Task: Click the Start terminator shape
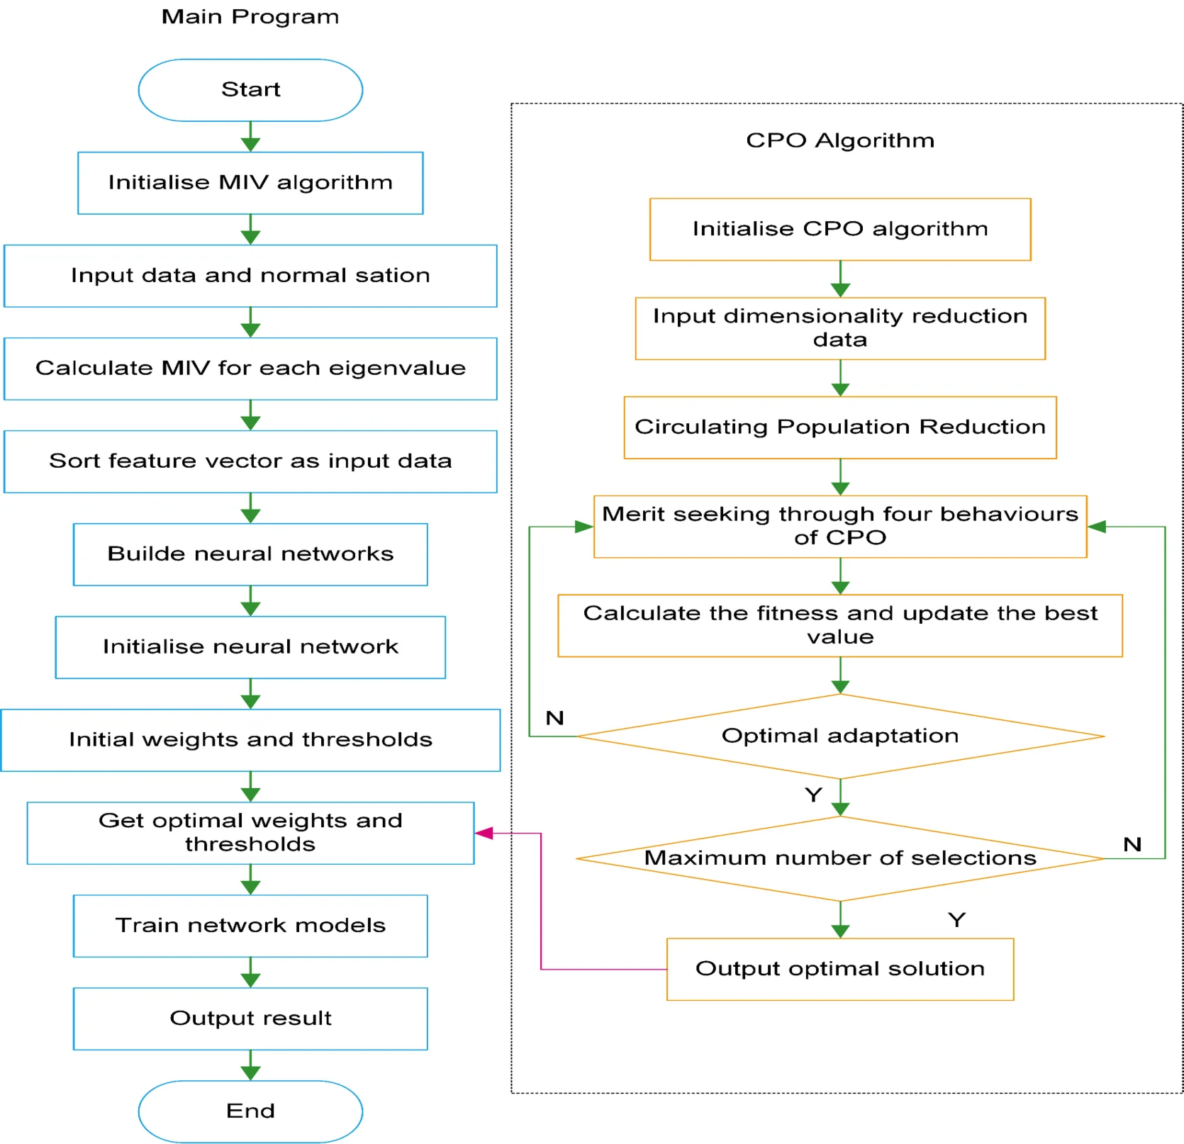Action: (x=250, y=90)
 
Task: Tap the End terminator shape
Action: (x=250, y=1111)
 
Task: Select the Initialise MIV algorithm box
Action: (x=250, y=183)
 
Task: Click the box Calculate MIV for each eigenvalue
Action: (x=250, y=369)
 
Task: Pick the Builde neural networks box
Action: (x=250, y=554)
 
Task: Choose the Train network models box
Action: (x=250, y=926)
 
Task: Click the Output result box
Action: (x=250, y=1019)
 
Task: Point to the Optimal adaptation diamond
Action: (x=840, y=736)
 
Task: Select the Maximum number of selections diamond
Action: (x=840, y=858)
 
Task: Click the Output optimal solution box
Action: (x=840, y=969)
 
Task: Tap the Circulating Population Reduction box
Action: (x=840, y=427)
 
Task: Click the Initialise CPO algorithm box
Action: (x=840, y=229)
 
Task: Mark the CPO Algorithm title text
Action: (x=840, y=140)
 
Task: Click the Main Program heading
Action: (x=250, y=17)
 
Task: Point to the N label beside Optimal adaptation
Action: (x=554, y=718)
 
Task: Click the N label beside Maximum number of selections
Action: (x=1132, y=844)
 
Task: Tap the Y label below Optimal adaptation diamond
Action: (x=813, y=795)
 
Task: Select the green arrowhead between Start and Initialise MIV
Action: (x=250, y=144)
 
